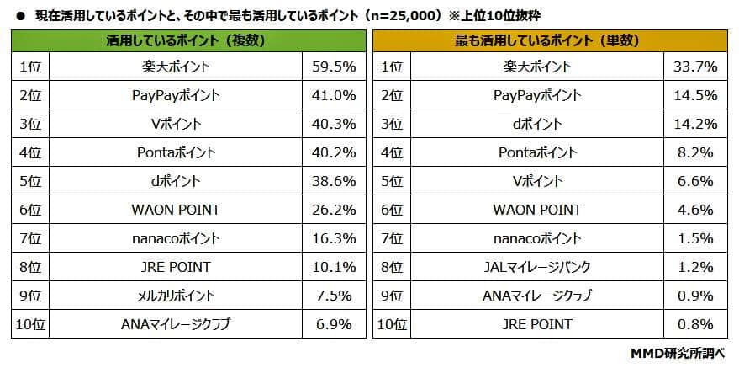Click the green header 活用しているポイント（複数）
pyautogui.click(x=192, y=40)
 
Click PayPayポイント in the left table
pyautogui.click(x=176, y=96)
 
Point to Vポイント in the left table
pyautogui.click(x=176, y=125)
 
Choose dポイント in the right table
pyautogui.click(x=536, y=125)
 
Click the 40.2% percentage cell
pyautogui.click(x=335, y=153)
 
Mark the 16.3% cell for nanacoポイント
pyautogui.click(x=335, y=239)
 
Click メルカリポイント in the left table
pyautogui.click(x=176, y=296)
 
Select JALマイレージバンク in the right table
pyautogui.click(x=536, y=268)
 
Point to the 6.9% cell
pyautogui.click(x=335, y=324)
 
